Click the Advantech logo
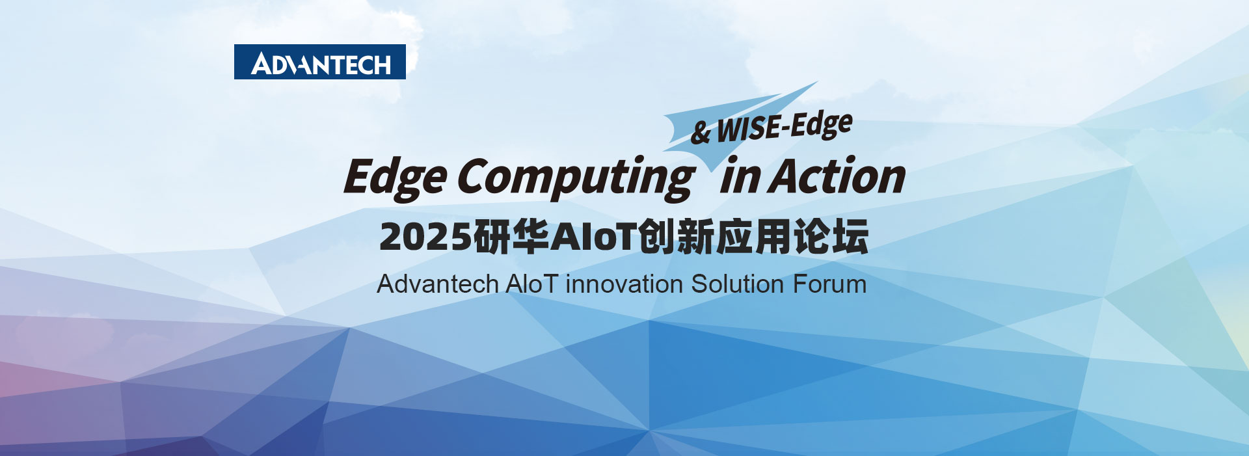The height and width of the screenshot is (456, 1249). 320,62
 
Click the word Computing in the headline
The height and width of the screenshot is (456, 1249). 575,178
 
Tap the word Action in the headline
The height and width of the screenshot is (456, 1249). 837,176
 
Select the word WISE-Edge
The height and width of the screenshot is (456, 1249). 784,127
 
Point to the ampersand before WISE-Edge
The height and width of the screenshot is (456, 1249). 700,132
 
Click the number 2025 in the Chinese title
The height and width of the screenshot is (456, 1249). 425,236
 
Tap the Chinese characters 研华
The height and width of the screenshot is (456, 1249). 511,236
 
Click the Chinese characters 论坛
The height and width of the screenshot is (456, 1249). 831,236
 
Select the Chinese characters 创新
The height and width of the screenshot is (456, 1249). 677,236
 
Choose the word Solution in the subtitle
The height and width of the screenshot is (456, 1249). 737,284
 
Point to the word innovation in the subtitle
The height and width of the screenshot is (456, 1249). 624,284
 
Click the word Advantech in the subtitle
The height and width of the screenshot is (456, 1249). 438,284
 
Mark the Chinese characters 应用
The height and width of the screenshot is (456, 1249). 753,236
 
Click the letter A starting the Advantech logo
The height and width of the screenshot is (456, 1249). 262,64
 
